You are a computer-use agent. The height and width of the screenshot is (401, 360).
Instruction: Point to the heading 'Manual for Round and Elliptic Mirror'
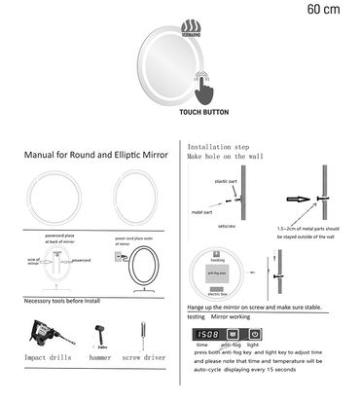90,155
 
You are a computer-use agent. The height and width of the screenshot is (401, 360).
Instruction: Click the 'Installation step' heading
218,143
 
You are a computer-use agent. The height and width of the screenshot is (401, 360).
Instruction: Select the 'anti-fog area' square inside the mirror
216,273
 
